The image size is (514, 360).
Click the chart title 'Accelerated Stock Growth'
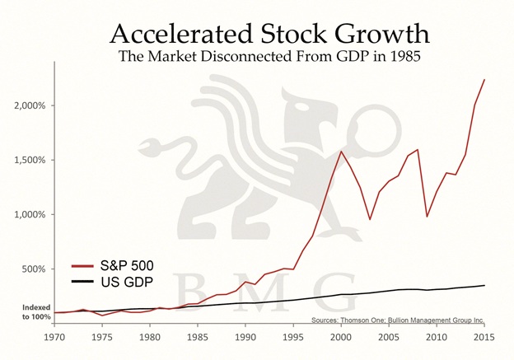pos(269,34)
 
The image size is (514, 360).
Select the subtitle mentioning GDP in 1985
pos(269,59)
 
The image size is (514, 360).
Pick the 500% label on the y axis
pos(36,269)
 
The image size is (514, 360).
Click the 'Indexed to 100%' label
pos(35,311)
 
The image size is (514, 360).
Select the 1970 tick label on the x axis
pos(55,335)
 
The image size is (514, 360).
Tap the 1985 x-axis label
pos(198,335)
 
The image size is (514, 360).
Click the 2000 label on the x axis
pos(341,335)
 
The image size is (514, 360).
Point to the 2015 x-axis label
pos(484,335)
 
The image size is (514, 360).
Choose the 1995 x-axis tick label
pos(293,335)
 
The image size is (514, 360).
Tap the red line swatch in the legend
pos(83,265)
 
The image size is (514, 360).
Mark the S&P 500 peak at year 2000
pos(341,151)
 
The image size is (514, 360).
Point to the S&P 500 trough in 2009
pos(427,217)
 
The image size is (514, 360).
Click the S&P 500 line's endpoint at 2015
pos(484,80)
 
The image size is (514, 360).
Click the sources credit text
pos(398,320)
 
